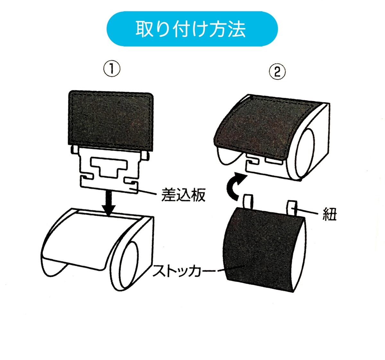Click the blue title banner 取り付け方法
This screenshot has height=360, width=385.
[x=192, y=29]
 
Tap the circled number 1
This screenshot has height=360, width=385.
[x=112, y=69]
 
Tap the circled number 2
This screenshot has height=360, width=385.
[x=277, y=72]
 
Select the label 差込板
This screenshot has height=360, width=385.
[x=184, y=195]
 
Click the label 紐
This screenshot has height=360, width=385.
[x=329, y=214]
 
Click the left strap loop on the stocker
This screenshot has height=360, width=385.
[x=248, y=202]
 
